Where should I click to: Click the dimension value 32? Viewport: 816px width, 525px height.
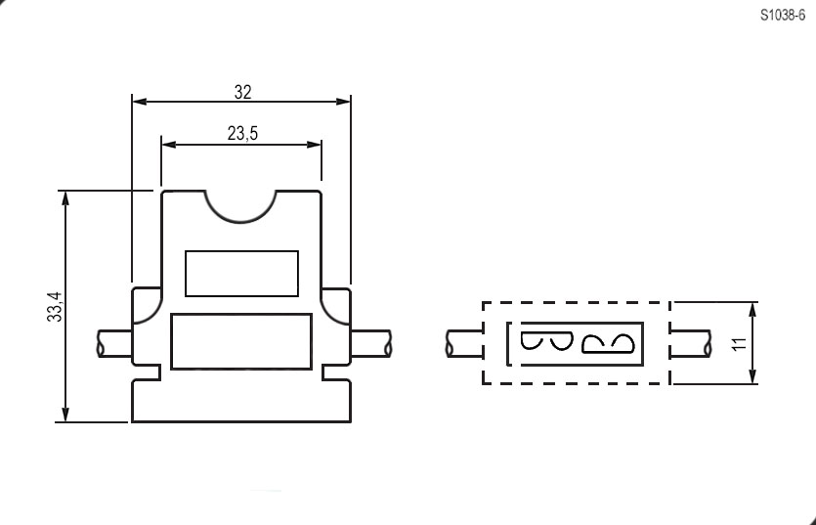(x=242, y=92)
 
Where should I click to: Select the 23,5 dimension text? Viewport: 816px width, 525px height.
(x=242, y=134)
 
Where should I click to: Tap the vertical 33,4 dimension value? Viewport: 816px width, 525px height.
(x=55, y=306)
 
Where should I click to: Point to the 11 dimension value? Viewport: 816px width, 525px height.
(x=739, y=343)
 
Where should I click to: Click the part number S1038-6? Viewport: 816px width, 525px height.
(x=782, y=15)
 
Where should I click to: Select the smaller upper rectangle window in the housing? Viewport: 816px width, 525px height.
(x=242, y=274)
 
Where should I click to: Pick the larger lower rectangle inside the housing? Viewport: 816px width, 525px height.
(x=241, y=341)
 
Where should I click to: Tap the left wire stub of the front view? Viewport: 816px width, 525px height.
(x=114, y=343)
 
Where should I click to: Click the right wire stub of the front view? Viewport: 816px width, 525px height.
(x=370, y=343)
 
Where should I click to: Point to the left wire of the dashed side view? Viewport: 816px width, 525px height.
(x=465, y=343)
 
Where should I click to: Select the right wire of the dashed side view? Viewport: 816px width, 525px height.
(x=690, y=343)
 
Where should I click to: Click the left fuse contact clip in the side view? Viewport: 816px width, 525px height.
(x=546, y=341)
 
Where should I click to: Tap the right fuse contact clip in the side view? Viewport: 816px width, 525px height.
(x=608, y=344)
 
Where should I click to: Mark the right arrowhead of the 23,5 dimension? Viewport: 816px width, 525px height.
(x=315, y=145)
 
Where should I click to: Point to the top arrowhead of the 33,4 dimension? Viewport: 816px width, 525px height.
(x=65, y=198)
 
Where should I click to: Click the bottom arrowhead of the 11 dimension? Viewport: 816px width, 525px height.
(x=752, y=376)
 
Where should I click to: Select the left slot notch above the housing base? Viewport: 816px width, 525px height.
(x=147, y=372)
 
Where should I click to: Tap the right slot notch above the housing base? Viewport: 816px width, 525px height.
(x=336, y=372)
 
